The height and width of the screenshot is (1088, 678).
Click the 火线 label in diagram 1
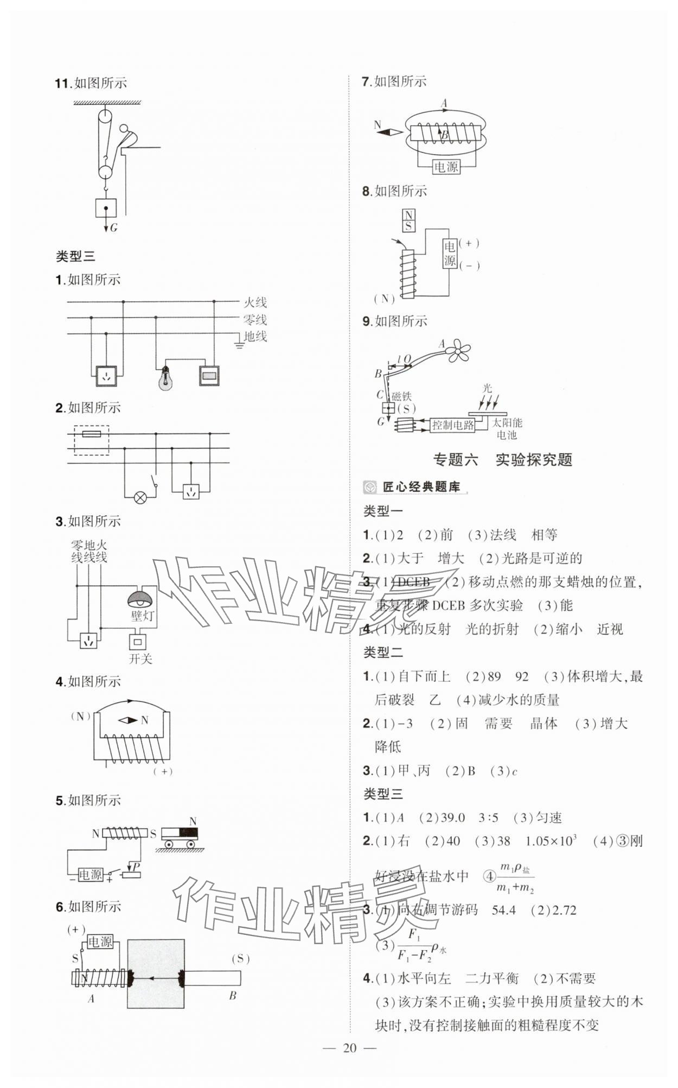coord(255,302)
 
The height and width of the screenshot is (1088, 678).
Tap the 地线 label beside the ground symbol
coord(255,337)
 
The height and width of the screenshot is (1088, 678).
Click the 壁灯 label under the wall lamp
coord(142,616)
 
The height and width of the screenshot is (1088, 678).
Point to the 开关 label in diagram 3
coord(140,659)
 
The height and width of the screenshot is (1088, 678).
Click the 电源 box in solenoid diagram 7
coord(446,167)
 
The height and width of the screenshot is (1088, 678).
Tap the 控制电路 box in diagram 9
coord(452,425)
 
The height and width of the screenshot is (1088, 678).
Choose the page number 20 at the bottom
coord(350,1063)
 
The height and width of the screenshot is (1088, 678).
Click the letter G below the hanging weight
coord(114,228)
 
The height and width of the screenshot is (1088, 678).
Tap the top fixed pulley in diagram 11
coord(105,117)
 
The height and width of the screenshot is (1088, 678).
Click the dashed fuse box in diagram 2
coord(91,440)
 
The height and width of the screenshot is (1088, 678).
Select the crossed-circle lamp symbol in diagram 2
coord(140,498)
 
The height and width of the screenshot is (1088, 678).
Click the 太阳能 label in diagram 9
coord(507,423)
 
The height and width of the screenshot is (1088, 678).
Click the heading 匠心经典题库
coord(421,487)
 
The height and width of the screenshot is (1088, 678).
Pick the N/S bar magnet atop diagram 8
coord(408,220)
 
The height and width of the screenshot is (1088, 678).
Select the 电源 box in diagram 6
coord(100,942)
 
